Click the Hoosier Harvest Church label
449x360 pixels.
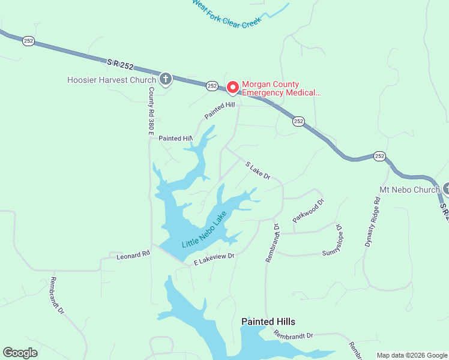(x=112, y=79)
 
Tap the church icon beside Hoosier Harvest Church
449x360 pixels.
(x=165, y=79)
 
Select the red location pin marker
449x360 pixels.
(x=232, y=87)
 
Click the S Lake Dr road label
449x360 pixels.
(x=258, y=170)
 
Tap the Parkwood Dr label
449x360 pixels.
(x=308, y=211)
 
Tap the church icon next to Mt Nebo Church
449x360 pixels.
(x=445, y=188)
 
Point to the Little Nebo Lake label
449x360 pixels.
(x=204, y=230)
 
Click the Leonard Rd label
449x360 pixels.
(x=133, y=256)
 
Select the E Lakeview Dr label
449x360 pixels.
(x=213, y=259)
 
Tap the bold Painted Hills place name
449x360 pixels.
(x=268, y=322)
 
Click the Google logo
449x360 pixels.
(x=20, y=353)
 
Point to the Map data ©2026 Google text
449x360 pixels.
(x=411, y=355)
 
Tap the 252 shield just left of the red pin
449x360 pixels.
(x=212, y=86)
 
